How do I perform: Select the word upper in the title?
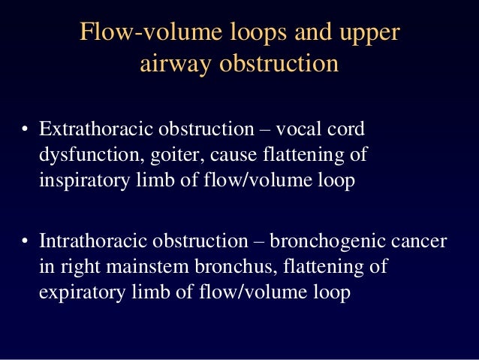369,35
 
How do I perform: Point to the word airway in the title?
175,65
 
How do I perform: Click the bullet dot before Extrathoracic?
25,130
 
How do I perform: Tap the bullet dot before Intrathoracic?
25,244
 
